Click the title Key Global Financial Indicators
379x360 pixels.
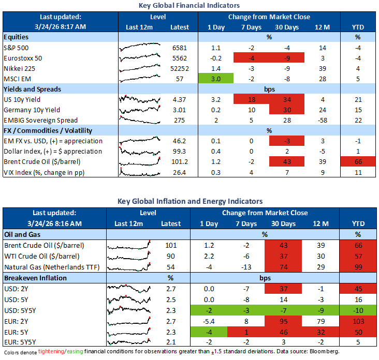(189, 5)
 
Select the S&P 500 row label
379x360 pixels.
(17, 48)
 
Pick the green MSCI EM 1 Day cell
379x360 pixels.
(216, 79)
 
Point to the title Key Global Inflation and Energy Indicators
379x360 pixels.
(189, 201)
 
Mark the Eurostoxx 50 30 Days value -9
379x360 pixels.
(284, 58)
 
